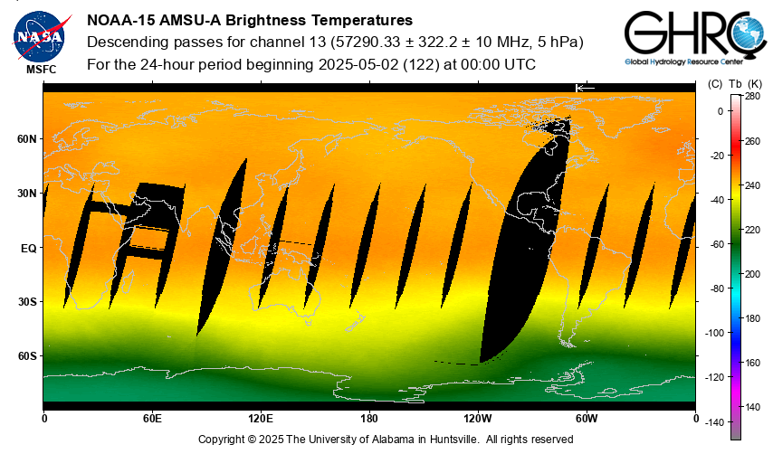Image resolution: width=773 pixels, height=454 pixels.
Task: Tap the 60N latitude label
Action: coord(27,139)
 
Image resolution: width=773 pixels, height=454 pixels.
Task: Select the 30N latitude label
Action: coord(27,194)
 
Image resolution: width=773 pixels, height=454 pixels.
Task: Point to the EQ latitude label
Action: coord(28,248)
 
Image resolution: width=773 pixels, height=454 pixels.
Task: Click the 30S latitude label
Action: coord(27,302)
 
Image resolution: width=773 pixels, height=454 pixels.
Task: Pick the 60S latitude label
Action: coord(27,356)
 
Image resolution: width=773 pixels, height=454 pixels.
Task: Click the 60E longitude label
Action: coord(152,419)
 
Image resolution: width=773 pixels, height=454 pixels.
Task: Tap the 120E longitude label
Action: coord(261,419)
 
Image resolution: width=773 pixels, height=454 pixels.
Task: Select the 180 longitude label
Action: coord(369,419)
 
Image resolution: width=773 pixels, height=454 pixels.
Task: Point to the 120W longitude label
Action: coord(478,419)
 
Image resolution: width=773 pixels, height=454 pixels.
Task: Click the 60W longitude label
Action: coord(587,419)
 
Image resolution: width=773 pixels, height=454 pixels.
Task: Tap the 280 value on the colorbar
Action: coord(753,96)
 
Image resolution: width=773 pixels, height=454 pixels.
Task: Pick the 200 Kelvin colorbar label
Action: coord(753,273)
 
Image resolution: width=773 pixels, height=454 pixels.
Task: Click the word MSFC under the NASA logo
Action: coord(40,69)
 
